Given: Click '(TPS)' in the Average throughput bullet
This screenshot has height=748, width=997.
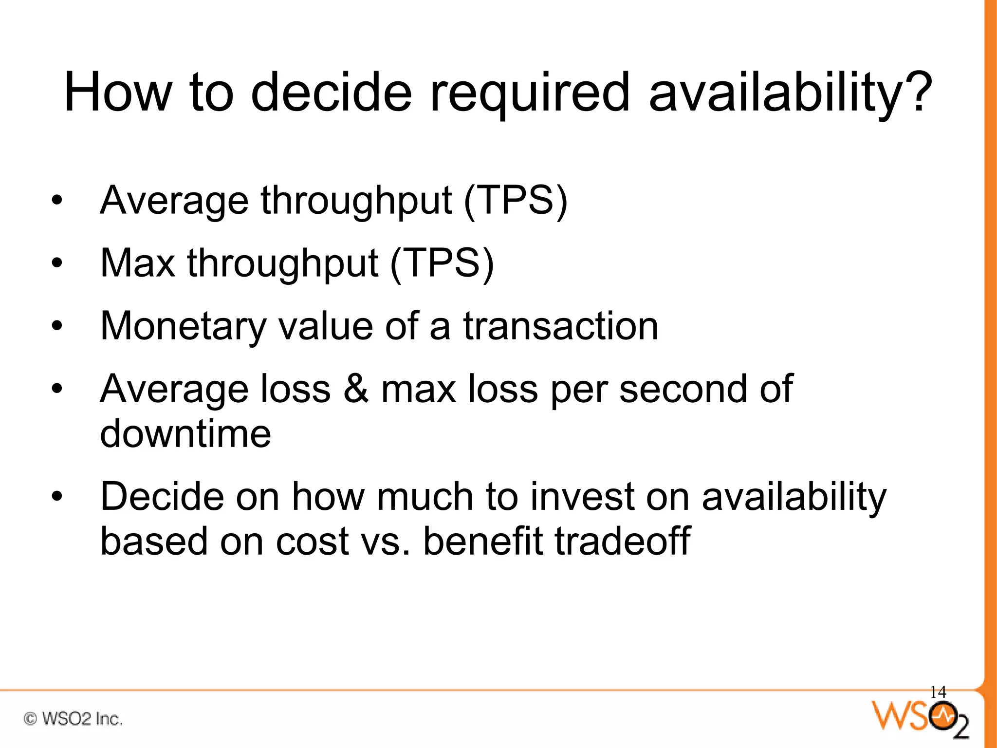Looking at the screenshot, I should point(516,201).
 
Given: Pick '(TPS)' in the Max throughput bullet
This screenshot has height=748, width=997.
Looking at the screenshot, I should point(442,263).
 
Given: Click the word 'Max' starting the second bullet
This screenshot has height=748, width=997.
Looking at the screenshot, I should point(138,263).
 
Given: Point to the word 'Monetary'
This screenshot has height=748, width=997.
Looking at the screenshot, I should point(183,326).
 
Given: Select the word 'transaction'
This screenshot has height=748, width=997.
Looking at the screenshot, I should point(560,326).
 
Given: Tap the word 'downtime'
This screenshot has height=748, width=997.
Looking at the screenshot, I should point(185,433).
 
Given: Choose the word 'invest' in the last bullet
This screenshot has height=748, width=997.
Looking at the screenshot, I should point(582,497).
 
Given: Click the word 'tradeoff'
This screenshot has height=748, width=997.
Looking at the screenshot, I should point(623,541).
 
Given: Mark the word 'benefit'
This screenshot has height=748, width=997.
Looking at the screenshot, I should point(482,541).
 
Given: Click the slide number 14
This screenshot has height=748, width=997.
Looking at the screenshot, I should point(938,692).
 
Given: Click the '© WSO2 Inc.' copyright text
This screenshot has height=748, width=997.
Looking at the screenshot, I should point(73,719).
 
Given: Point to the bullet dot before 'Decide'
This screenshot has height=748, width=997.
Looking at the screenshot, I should point(57,497).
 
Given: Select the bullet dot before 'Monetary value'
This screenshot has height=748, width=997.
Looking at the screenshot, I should point(57,326).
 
